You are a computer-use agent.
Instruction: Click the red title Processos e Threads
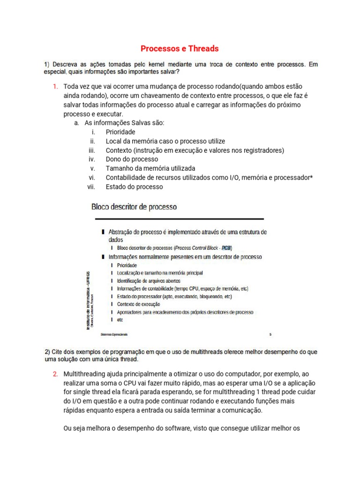pos(180,48)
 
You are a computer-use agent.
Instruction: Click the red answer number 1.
pos(55,87)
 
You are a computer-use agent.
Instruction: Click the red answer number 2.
pos(55,374)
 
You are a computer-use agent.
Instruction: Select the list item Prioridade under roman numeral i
pos(120,132)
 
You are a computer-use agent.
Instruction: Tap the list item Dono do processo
pos(132,159)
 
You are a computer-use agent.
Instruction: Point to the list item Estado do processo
pos(134,187)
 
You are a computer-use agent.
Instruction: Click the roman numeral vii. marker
pos(91,187)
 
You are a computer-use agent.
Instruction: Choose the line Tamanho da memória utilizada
pos(150,168)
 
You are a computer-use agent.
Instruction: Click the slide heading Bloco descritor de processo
pos(134,207)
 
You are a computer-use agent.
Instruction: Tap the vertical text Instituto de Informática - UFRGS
pos(89,300)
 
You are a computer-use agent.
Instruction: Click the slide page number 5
pos(270,335)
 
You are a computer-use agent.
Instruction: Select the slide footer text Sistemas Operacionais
pos(114,335)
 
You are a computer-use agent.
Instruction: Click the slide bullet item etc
pos(120,319)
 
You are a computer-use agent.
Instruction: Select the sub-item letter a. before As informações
pos(77,123)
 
